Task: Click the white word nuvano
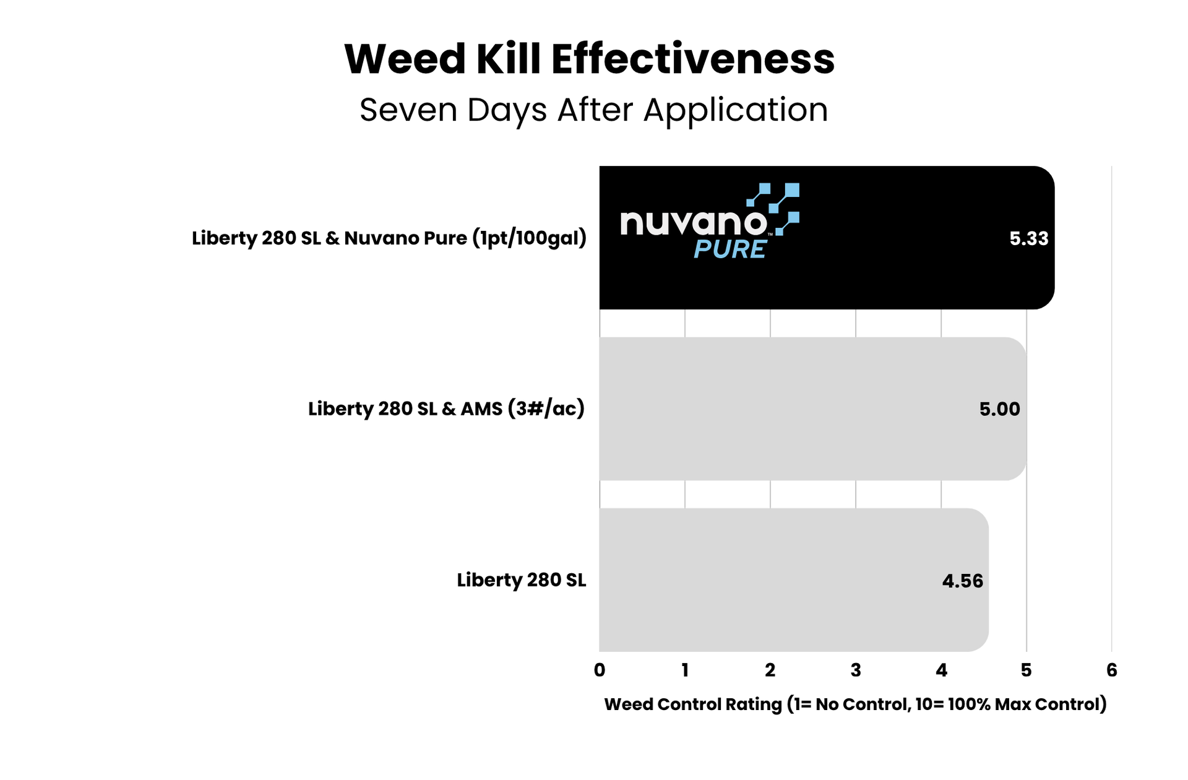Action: pos(693,223)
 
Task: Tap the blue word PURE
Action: pos(730,249)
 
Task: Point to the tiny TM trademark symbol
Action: pos(770,235)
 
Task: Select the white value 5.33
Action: pos(1029,239)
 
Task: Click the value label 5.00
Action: pos(999,409)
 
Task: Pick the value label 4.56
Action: pos(962,581)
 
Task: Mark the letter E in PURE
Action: pos(757,249)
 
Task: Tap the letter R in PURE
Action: pos(740,249)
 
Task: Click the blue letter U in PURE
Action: pos(721,249)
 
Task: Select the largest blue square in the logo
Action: pos(792,190)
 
